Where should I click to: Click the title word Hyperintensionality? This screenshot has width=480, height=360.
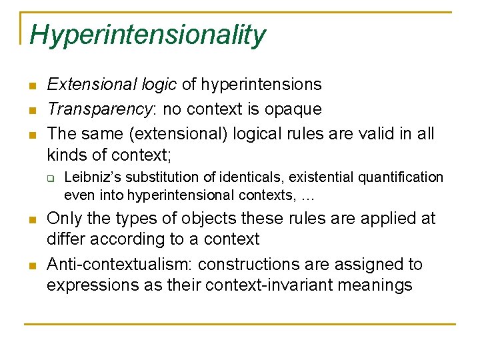(x=147, y=35)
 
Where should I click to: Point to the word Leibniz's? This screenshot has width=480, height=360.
(x=93, y=177)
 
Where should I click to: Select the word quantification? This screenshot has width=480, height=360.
(x=404, y=177)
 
